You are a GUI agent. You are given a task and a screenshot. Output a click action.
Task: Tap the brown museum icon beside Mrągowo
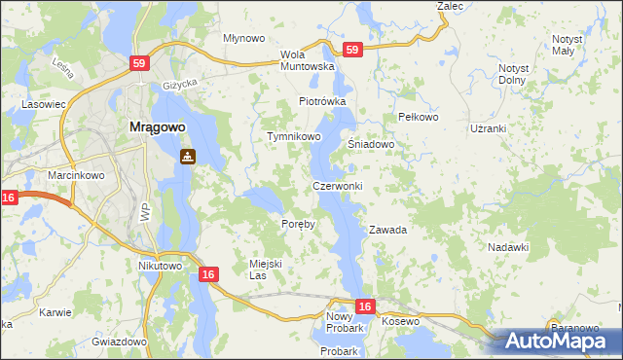coord(187,156)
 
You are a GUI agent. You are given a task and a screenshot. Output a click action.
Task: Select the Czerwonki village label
coord(338,186)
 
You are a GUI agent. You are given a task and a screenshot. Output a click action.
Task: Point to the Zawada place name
coord(386,231)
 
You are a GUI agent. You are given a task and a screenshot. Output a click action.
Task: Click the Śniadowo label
coord(371,144)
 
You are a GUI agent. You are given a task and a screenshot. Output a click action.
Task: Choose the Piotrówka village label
coord(322,101)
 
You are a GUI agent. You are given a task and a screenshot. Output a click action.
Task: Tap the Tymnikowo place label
coord(294,137)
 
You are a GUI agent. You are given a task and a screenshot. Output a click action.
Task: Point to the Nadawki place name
coord(507,247)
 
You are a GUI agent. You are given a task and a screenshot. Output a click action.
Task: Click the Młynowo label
coord(244,38)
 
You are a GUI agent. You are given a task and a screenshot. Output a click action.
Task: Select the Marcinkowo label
coord(72,175)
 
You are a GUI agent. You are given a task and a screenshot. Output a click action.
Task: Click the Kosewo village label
coord(400,321)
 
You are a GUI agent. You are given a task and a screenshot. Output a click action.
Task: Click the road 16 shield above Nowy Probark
coord(364,307)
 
